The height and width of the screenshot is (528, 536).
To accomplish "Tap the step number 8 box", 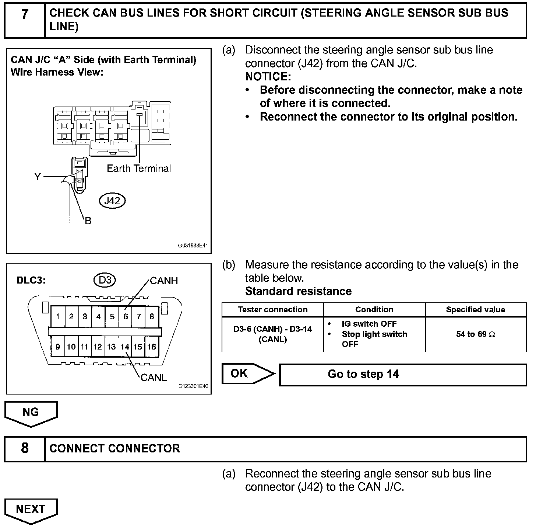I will tap(25, 448).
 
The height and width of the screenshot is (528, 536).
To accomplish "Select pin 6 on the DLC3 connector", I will tap(125, 316).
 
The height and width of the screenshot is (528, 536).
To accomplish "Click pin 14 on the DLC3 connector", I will tap(125, 347).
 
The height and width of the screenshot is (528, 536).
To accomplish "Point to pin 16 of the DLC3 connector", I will tap(151, 347).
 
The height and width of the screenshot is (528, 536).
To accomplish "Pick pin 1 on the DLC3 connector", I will tap(58, 316).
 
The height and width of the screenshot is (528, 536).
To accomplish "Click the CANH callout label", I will tap(164, 281).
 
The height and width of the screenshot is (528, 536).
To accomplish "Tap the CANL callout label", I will tap(154, 378).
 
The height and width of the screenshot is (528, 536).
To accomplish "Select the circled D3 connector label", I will tap(105, 280).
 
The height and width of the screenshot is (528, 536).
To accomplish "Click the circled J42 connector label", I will tap(112, 201).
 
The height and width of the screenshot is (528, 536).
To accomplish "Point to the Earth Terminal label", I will tap(139, 169).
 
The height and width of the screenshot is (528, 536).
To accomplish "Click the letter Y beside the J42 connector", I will tap(37, 177).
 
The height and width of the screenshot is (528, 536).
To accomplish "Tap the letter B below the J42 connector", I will tap(88, 221).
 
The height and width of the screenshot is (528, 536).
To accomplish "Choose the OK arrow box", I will tap(247, 374).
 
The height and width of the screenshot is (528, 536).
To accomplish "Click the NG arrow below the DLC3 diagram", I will tap(31, 413).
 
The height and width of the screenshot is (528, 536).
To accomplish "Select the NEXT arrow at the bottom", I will tap(31, 510).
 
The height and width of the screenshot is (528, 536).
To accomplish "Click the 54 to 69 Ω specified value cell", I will tap(476, 334).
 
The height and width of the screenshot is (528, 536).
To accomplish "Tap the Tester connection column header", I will tap(272, 310).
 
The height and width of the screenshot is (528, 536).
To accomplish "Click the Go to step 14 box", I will tap(403, 375).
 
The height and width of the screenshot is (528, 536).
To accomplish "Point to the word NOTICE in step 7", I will tap(268, 77).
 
